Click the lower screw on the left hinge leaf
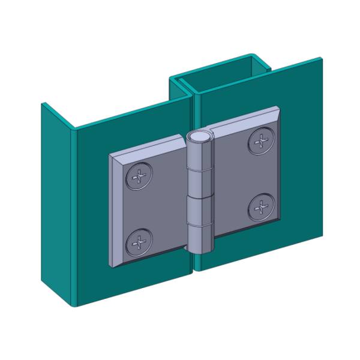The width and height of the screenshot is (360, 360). tap(139, 242)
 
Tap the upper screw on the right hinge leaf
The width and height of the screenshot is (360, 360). tap(260, 142)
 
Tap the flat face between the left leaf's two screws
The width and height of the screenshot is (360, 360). tap(150, 210)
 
